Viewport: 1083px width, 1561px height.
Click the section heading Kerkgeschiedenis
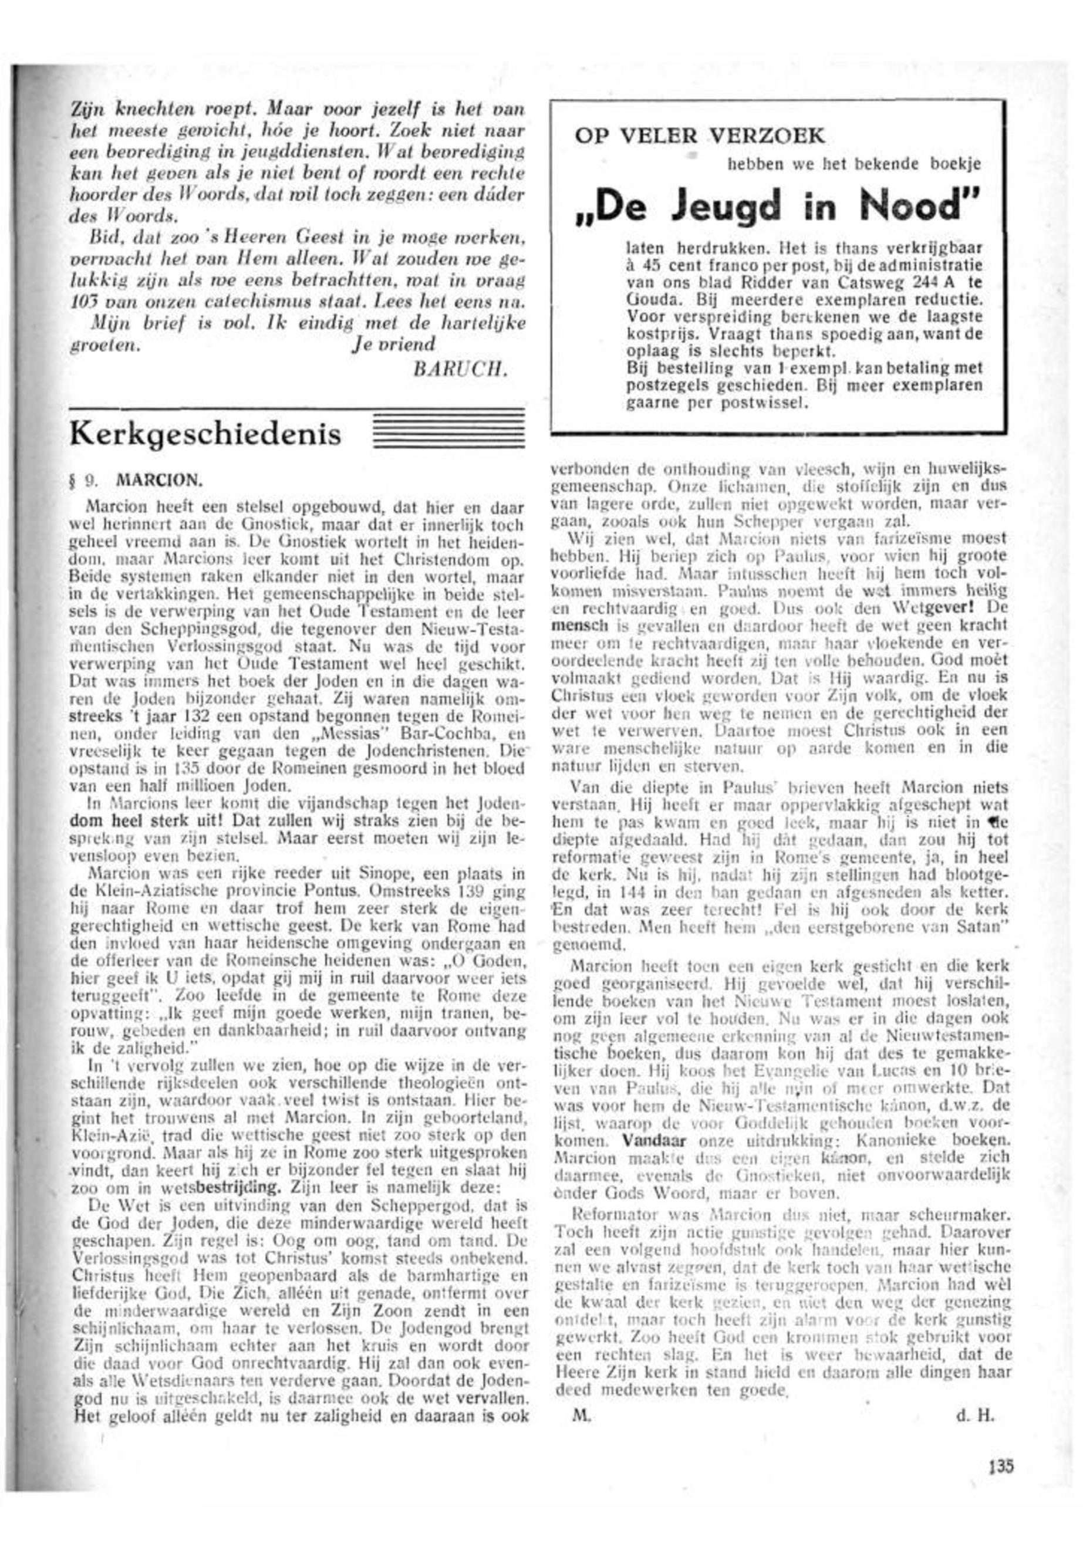(205, 434)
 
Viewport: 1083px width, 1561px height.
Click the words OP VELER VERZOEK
(700, 136)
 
